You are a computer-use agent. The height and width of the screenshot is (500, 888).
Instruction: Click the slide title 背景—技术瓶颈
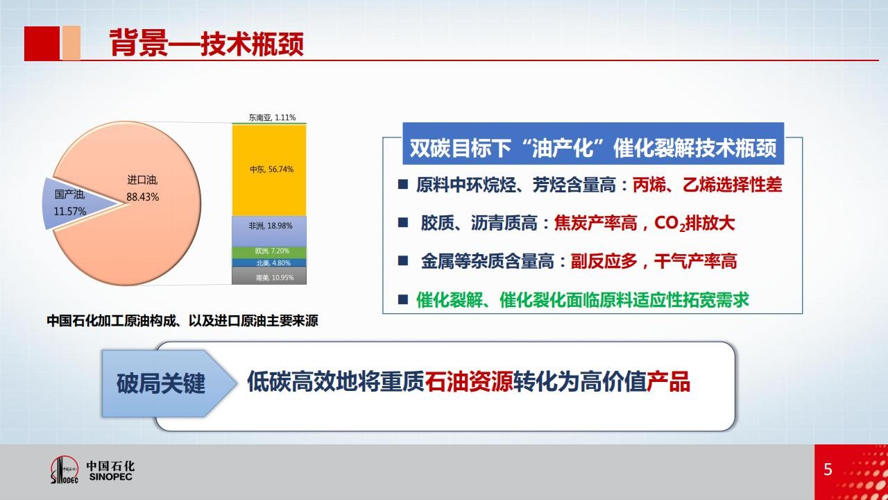pyautogui.click(x=207, y=43)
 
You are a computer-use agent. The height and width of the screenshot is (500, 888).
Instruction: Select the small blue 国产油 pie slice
pyautogui.click(x=76, y=203)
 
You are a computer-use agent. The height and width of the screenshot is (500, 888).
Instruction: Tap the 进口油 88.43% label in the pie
pyautogui.click(x=142, y=188)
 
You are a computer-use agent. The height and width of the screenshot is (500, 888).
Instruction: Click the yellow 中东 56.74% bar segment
pyautogui.click(x=269, y=170)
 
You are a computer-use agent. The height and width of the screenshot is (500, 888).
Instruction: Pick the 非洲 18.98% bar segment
pyautogui.click(x=269, y=231)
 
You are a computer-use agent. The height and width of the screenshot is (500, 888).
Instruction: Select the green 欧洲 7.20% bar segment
pyautogui.click(x=269, y=252)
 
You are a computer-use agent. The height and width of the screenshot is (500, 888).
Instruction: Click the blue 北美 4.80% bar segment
pyautogui.click(x=269, y=262)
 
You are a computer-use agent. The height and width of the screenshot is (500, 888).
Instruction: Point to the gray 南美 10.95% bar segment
pyautogui.click(x=269, y=276)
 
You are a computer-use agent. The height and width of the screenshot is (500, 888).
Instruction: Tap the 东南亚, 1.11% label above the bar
pyautogui.click(x=272, y=117)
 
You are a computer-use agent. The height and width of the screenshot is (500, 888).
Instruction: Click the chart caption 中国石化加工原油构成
pyautogui.click(x=182, y=321)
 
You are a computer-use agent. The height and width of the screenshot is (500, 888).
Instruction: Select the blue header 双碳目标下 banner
pyautogui.click(x=593, y=144)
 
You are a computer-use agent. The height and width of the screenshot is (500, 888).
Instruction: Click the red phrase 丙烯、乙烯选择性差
pyautogui.click(x=707, y=185)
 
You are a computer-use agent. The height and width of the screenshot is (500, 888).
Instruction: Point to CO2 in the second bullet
pyautogui.click(x=669, y=224)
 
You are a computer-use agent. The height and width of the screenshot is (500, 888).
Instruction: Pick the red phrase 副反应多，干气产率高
pyautogui.click(x=654, y=261)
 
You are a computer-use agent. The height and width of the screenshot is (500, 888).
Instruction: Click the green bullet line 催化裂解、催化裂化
pyautogui.click(x=582, y=299)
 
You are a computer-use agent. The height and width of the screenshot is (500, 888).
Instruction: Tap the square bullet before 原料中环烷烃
pyautogui.click(x=403, y=185)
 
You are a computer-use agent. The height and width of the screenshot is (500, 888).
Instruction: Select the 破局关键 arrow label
pyautogui.click(x=160, y=383)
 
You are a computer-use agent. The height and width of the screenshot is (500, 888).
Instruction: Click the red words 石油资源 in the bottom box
pyautogui.click(x=469, y=381)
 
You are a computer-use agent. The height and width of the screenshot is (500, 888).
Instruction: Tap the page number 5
pyautogui.click(x=828, y=469)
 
